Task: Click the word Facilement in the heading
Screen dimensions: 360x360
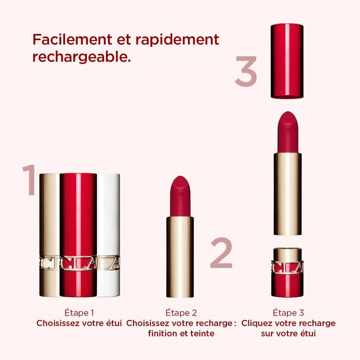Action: (x=69, y=40)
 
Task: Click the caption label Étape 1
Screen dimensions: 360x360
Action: (x=79, y=313)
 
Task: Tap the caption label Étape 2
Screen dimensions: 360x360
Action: (x=182, y=313)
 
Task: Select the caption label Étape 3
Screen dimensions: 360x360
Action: (x=289, y=313)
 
